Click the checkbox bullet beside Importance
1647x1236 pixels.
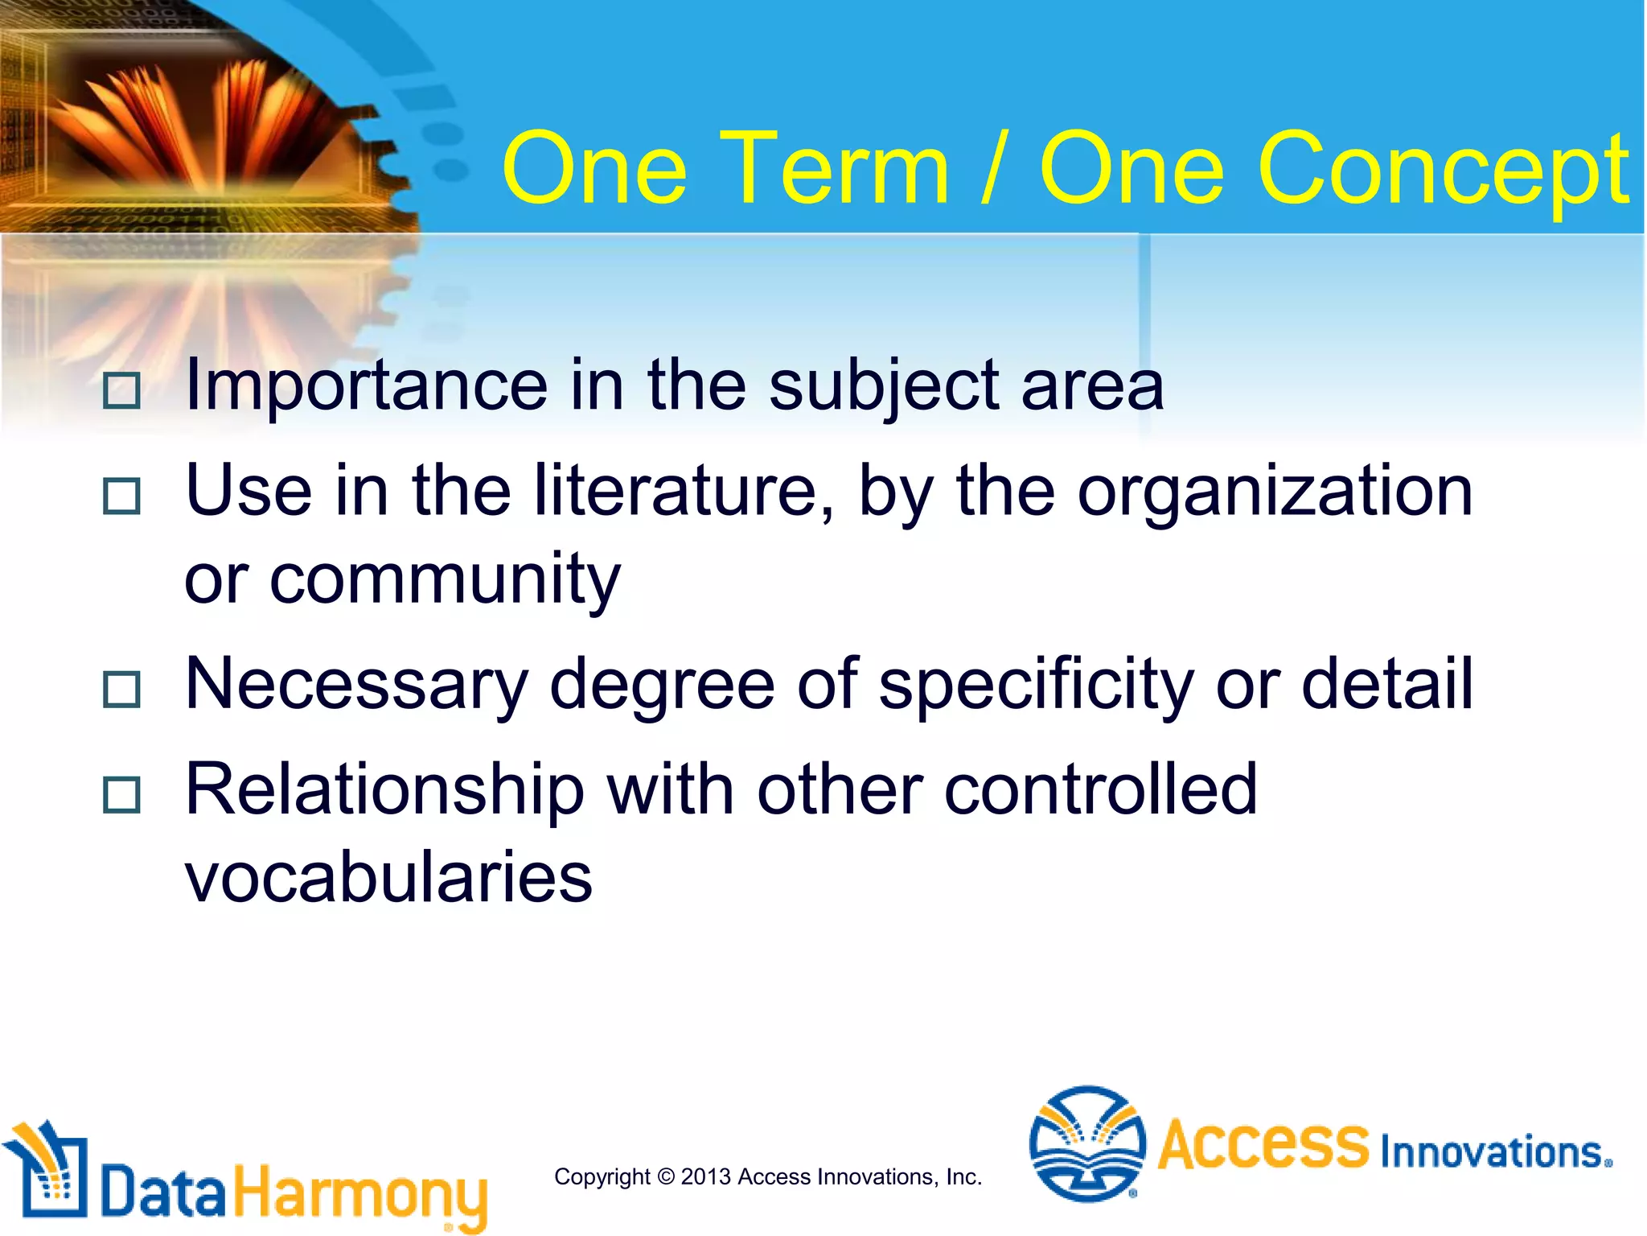point(121,390)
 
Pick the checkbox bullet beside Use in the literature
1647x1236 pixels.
point(121,496)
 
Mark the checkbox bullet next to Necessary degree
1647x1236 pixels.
point(121,690)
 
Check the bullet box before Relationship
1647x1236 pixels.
point(121,795)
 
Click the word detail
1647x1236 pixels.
point(1386,684)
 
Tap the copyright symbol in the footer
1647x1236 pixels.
point(666,1176)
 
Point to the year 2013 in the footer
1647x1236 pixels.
point(706,1176)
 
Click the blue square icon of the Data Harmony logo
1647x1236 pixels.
point(48,1175)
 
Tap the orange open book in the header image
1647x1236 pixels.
point(201,121)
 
